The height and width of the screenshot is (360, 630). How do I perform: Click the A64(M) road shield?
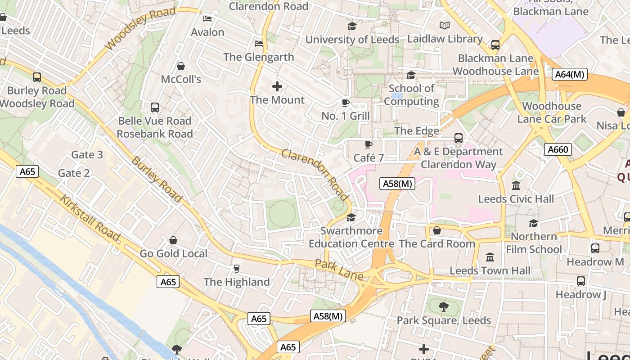pos(570,74)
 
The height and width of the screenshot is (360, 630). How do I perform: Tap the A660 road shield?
pos(558,149)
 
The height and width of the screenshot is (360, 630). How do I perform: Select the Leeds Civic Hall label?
pos(516,199)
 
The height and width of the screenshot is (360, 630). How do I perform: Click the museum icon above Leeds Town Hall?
pos(490,257)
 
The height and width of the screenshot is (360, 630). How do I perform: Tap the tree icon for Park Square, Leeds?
pos(444,307)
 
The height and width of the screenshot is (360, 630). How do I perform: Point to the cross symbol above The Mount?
pos(277,86)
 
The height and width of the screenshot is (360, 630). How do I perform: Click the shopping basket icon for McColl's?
pos(181,67)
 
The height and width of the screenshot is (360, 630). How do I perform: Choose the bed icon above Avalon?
pos(207,19)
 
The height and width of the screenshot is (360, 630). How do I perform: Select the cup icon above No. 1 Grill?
pos(346,103)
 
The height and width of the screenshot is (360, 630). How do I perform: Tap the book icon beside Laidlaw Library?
pos(445,26)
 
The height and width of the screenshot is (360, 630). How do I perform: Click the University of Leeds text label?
pos(352,40)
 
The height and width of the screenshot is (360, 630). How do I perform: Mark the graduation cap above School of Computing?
pos(411,75)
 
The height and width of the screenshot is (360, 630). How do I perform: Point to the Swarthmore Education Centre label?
pos(351,237)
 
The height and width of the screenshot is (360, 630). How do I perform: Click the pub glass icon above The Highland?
pos(236,269)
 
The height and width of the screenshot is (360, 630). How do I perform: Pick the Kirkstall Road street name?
pos(90,219)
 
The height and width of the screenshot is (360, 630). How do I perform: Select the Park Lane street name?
pos(339,270)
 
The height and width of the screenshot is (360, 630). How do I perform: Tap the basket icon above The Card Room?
pos(436,231)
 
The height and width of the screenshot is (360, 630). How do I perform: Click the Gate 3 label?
pos(87,155)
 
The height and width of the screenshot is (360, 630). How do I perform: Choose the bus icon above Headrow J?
pos(581,281)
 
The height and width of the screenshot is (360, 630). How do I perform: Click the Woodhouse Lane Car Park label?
pos(552,112)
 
